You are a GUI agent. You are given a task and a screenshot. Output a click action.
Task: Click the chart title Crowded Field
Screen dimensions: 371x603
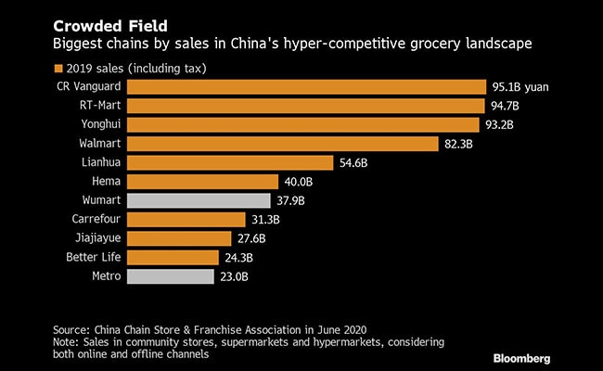pyautogui.click(x=104, y=20)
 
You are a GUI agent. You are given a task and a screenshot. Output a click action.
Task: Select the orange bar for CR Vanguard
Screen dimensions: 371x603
pyautogui.click(x=306, y=86)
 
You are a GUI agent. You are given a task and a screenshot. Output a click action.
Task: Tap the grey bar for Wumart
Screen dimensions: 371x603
pyautogui.click(x=198, y=200)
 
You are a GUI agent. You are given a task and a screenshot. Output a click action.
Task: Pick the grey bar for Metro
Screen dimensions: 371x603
pyautogui.click(x=173, y=276)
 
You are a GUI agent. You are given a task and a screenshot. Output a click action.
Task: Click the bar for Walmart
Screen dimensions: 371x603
pyautogui.click(x=282, y=144)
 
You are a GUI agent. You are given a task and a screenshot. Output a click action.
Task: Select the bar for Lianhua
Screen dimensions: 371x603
pyautogui.click(x=229, y=162)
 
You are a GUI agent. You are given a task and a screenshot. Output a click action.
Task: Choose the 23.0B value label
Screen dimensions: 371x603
pyautogui.click(x=237, y=276)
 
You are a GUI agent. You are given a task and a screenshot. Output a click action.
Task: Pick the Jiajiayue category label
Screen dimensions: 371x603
pyautogui.click(x=95, y=238)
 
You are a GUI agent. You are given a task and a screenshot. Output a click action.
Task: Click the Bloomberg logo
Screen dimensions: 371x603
pyautogui.click(x=545, y=357)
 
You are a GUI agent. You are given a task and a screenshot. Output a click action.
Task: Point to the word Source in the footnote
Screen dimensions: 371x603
pyautogui.click(x=71, y=329)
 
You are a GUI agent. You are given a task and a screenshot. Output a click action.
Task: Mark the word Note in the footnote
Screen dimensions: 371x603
pyautogui.click(x=67, y=342)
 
